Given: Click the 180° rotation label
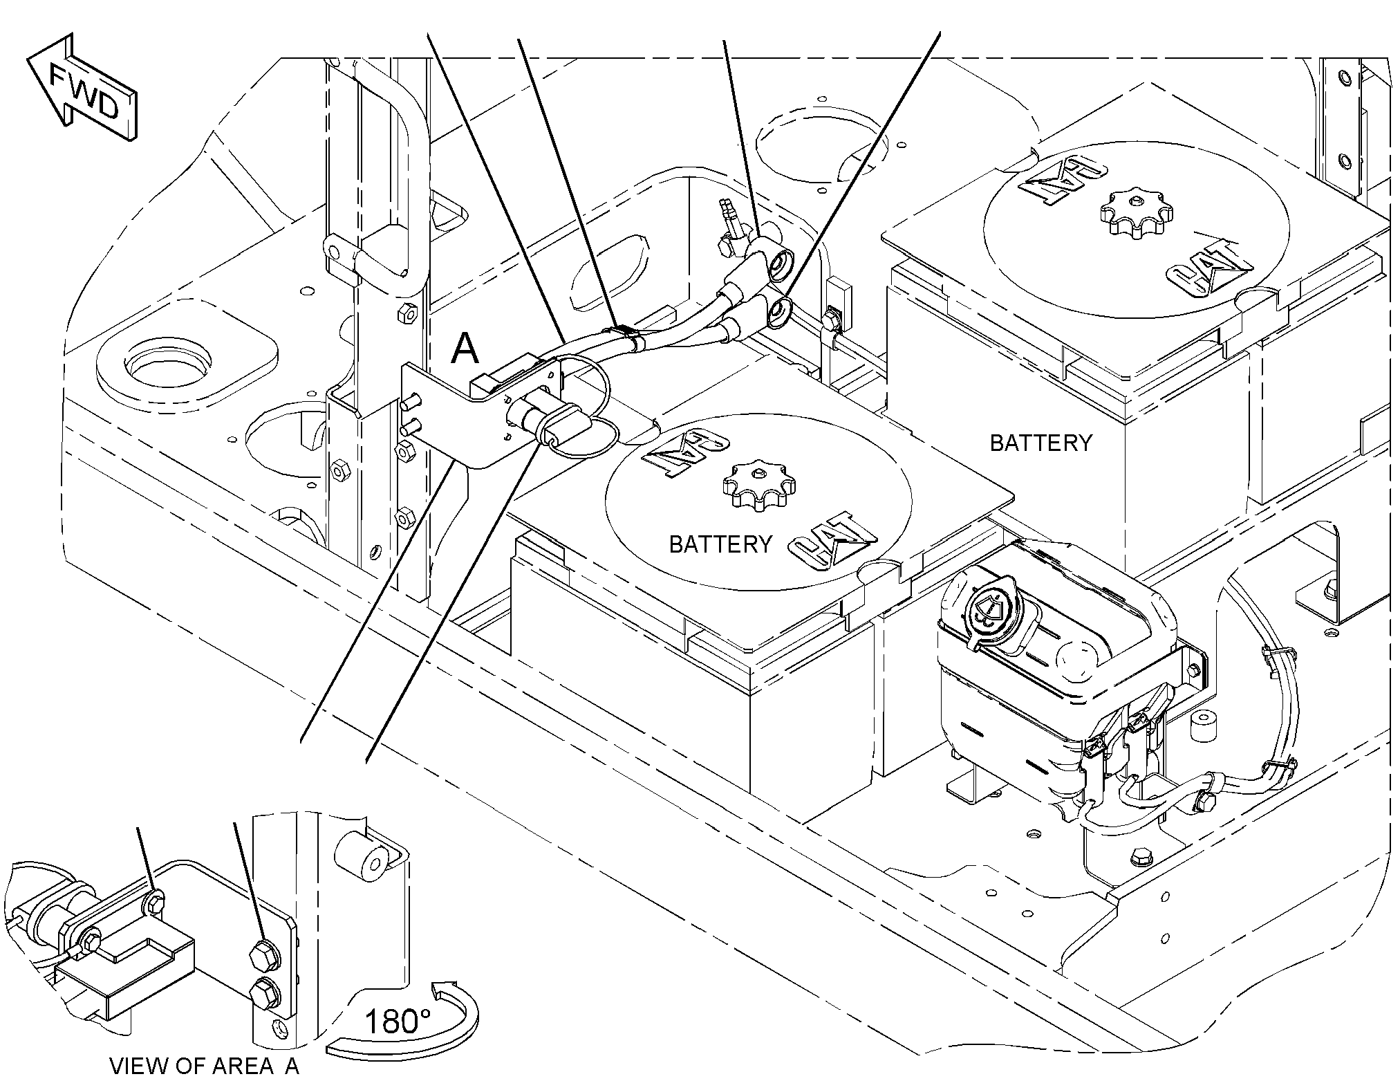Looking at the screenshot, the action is point(398,1021).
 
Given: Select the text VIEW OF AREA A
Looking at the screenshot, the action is point(205,1066).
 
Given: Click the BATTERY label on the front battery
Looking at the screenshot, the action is point(720,544).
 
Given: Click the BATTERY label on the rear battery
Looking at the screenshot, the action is point(1041,442).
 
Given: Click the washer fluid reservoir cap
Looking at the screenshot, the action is point(989,609).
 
